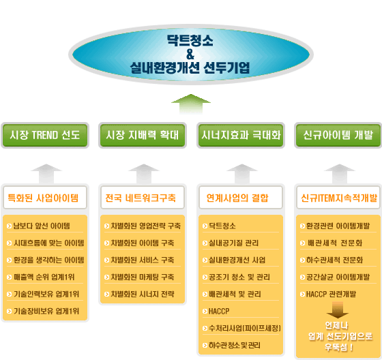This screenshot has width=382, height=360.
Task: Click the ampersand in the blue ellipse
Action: pyautogui.click(x=190, y=54)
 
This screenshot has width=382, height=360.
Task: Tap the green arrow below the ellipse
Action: pyautogui.click(x=191, y=104)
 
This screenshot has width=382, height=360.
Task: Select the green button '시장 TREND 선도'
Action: pyautogui.click(x=45, y=135)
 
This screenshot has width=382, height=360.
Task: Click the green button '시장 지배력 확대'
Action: pyautogui.click(x=143, y=135)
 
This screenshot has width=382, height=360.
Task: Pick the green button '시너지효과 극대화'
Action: pyautogui.click(x=241, y=135)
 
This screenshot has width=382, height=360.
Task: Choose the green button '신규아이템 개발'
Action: pyautogui.click(x=338, y=135)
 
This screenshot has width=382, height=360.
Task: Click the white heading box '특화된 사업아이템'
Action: pyautogui.click(x=45, y=198)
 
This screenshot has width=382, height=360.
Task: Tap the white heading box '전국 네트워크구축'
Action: pyautogui.click(x=143, y=198)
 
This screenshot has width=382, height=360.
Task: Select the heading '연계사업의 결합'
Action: pyautogui.click(x=237, y=198)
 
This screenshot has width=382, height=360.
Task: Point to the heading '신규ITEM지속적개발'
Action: pyautogui.click(x=339, y=198)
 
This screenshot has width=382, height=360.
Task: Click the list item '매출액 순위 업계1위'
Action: pyautogui.click(x=44, y=277)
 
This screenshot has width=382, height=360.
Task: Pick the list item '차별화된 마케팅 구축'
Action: pyautogui.click(x=143, y=277)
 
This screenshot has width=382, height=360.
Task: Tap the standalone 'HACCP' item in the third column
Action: pyautogui.click(x=219, y=311)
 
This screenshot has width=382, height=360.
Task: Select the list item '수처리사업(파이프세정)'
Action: pyautogui.click(x=245, y=328)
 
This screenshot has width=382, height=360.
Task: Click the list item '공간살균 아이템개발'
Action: pyautogui.click(x=338, y=277)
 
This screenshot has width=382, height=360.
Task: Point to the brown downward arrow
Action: pyautogui.click(x=338, y=310)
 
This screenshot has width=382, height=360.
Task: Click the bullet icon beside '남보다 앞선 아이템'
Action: pyautogui.click(x=10, y=226)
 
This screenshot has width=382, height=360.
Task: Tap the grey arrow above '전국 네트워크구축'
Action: pyautogui.click(x=144, y=174)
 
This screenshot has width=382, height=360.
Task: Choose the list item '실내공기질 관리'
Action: pyautogui.click(x=233, y=243)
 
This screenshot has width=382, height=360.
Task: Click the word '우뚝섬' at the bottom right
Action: pyautogui.click(x=336, y=347)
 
